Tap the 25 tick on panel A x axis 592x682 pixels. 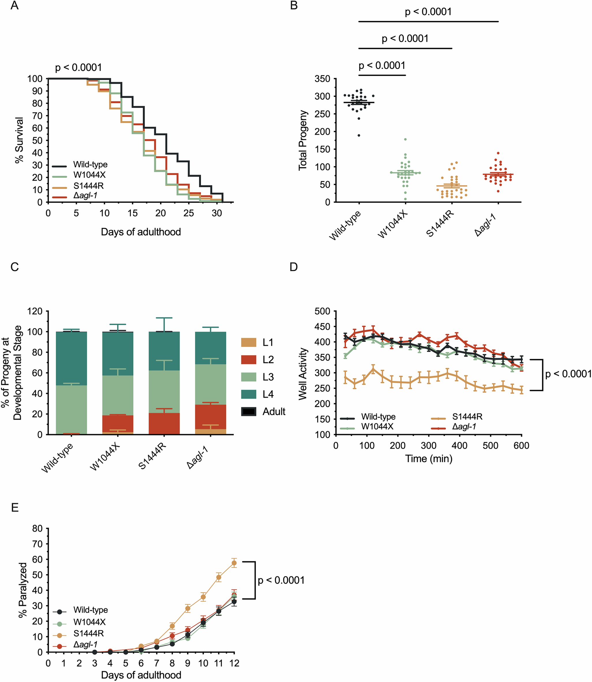pos(189,214)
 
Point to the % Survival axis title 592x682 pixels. pos(19,140)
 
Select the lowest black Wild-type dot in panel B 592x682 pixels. pos(359,135)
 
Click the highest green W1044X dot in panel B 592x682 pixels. pos(405,139)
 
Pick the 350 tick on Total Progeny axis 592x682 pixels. pos(323,79)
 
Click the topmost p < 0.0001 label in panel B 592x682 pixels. pos(428,12)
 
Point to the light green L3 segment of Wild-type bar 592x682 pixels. pos(71,409)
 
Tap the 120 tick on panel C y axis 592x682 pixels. pos(35,311)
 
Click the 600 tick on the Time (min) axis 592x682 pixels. pos(521,446)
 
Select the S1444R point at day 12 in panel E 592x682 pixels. pos(234,563)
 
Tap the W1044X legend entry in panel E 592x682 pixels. pos(89,622)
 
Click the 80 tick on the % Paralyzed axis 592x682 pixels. pos(38,528)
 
